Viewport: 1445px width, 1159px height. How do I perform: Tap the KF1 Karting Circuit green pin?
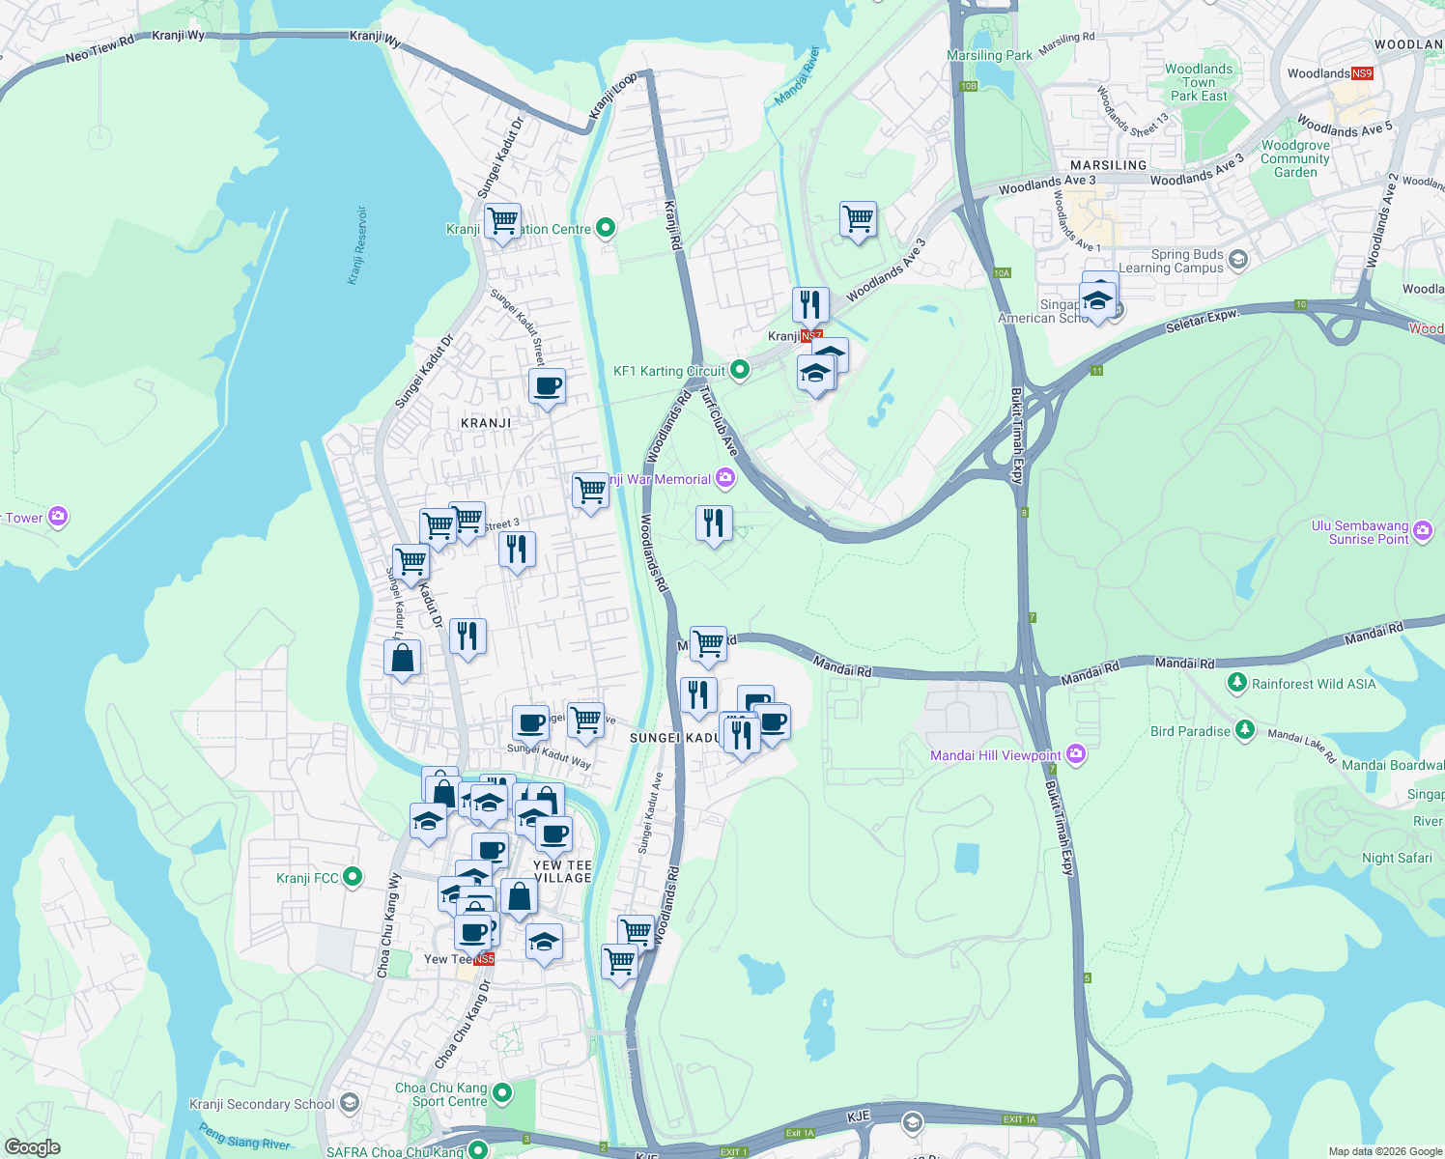(739, 369)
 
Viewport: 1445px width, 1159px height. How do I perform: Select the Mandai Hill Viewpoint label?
(995, 755)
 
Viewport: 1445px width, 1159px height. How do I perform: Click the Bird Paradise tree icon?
(1245, 729)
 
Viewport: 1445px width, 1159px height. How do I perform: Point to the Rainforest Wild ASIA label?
(1314, 684)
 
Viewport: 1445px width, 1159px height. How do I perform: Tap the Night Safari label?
(1397, 858)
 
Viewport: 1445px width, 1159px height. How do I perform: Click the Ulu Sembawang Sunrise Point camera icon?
(1423, 529)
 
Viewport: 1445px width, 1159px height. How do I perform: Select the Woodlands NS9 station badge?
(1361, 73)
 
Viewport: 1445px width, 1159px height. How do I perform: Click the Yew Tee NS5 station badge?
(484, 959)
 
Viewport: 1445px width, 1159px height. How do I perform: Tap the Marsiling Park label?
(989, 55)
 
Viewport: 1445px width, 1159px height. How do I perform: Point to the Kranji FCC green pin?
(353, 876)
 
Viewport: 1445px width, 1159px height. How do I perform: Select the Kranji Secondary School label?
(262, 1104)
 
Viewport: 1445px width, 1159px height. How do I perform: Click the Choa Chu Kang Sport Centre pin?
(501, 1092)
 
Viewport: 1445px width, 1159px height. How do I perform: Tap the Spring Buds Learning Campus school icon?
(1238, 259)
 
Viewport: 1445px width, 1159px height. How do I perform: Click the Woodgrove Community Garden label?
(1295, 159)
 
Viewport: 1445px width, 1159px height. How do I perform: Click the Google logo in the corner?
(32, 1146)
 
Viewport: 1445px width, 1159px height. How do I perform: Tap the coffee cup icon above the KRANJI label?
(547, 386)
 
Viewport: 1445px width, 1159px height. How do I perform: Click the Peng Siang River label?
(244, 1137)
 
